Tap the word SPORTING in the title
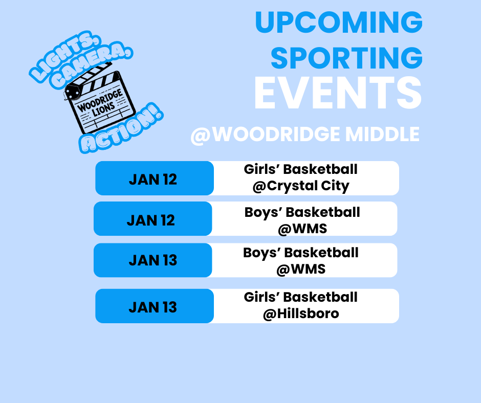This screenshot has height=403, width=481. [x=346, y=58]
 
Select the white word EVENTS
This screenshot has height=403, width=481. [x=338, y=94]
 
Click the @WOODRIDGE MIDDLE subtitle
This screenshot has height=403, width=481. [x=305, y=135]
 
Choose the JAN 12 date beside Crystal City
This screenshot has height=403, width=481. [x=153, y=180]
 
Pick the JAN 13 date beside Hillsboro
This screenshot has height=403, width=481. [x=153, y=307]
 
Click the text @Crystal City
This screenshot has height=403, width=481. [x=301, y=186]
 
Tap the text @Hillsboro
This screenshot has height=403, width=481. [x=301, y=313]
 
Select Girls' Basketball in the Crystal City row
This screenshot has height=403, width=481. [x=301, y=169]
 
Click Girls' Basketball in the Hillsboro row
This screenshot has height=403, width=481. [x=301, y=297]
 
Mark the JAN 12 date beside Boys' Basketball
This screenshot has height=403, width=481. [x=151, y=220]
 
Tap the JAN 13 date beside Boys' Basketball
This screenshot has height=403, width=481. [x=153, y=260]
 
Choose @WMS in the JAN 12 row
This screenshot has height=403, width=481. [x=302, y=228]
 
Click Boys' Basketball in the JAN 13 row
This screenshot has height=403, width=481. [x=301, y=253]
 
